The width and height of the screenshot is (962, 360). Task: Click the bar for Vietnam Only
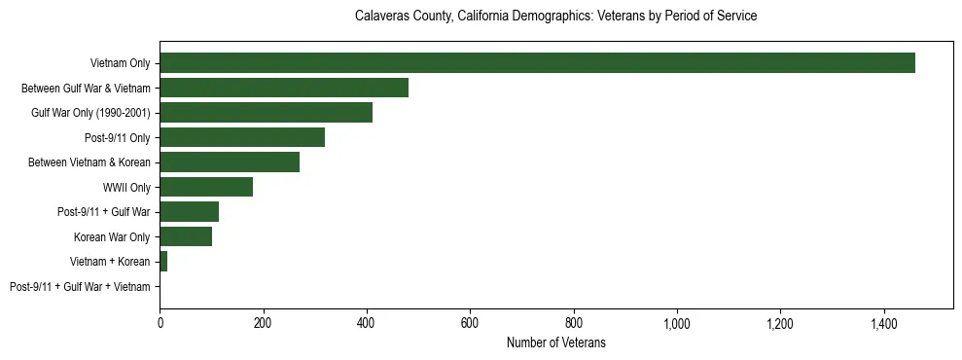pos(537,63)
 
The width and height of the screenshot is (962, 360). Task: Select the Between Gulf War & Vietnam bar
pos(284,88)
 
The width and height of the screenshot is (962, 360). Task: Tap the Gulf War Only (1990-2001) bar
pos(266,113)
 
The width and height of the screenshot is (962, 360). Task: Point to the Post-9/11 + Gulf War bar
pos(189,211)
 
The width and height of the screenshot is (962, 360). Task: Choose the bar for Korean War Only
pos(186,236)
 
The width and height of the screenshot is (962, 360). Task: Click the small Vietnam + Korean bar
pos(163,261)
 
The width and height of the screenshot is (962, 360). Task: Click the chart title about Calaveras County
pos(555,17)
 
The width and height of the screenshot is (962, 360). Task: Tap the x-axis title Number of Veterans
pos(555,342)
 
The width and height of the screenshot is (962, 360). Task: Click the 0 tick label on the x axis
pos(160,322)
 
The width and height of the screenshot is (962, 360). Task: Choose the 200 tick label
pos(263,322)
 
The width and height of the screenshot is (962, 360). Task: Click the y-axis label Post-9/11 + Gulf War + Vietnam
pos(80,286)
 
